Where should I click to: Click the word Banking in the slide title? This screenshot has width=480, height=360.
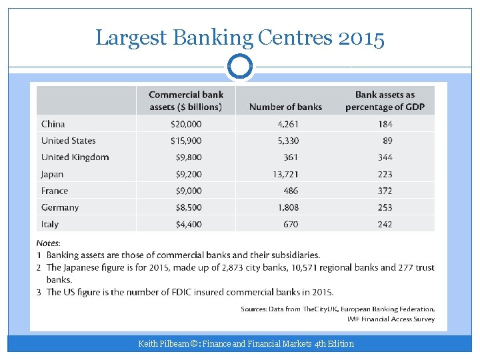click(212, 38)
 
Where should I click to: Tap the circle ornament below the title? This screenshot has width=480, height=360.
click(240, 67)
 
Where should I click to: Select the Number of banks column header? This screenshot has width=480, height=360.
click(285, 107)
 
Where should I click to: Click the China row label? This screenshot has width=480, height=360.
click(53, 124)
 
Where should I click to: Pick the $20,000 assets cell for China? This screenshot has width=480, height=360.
click(187, 124)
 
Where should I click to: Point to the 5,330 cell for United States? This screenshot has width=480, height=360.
click(288, 141)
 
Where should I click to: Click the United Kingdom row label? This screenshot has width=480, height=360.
click(75, 157)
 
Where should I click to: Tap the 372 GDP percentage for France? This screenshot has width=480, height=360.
click(385, 191)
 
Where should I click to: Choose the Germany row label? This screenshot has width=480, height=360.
click(60, 207)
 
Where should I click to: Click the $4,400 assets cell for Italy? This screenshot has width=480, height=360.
click(189, 224)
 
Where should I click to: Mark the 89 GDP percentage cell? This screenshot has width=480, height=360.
click(387, 141)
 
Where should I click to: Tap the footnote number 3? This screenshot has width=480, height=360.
click(39, 292)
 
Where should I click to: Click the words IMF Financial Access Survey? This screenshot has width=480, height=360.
click(391, 319)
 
